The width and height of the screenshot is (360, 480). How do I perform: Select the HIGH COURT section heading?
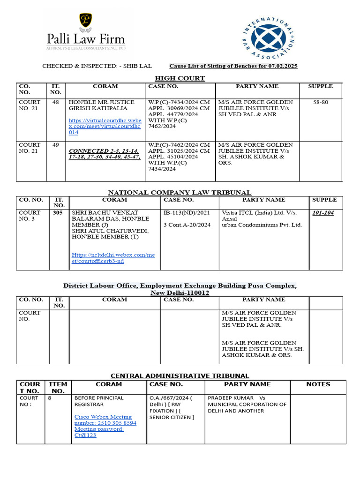(180, 78)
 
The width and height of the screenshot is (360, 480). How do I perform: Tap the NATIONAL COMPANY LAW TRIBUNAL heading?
(180, 192)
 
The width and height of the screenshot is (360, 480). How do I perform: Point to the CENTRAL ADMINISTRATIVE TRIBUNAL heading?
(180, 376)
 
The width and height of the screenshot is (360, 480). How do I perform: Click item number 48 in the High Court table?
(56, 102)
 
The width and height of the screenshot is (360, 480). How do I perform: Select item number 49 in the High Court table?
(56, 145)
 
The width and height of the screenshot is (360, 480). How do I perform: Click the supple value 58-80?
(321, 102)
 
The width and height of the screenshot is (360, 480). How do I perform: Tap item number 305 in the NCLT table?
(59, 212)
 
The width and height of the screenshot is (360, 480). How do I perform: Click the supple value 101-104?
(323, 213)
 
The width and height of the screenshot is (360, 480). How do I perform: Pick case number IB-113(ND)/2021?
(186, 213)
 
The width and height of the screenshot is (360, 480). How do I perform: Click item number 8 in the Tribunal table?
(50, 398)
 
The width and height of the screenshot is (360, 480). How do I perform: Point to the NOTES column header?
(318, 384)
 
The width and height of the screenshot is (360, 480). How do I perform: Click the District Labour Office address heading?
(180, 289)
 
